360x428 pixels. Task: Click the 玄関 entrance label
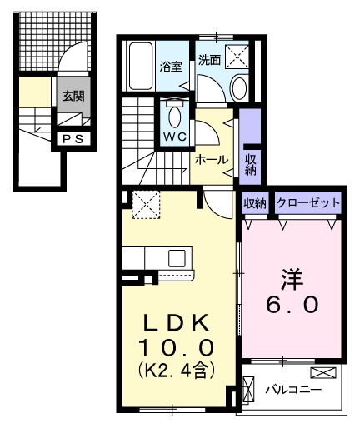(x=72, y=95)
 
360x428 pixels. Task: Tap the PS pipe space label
(x=72, y=139)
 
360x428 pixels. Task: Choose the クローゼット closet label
(x=308, y=202)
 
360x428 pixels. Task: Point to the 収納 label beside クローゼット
(x=255, y=202)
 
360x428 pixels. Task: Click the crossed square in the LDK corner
(x=147, y=203)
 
